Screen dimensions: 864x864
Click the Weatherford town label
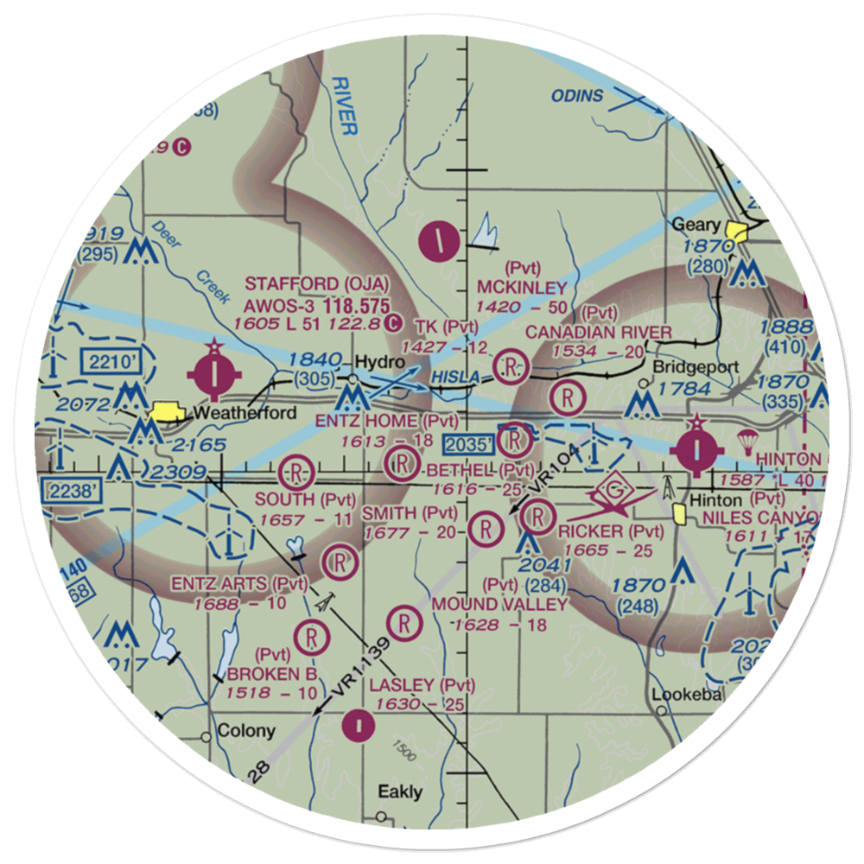coord(245,413)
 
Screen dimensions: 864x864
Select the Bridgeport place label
coord(696,366)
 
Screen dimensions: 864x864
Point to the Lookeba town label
coord(687,694)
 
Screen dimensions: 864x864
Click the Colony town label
coord(246,731)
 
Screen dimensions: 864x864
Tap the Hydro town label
coord(377,362)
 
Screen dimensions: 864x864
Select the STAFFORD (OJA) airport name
coord(317,284)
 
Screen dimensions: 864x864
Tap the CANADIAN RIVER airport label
coord(599,333)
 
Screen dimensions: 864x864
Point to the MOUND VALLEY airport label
coord(500,604)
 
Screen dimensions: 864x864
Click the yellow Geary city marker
coord(737,232)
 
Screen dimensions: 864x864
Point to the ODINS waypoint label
coord(578,96)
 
